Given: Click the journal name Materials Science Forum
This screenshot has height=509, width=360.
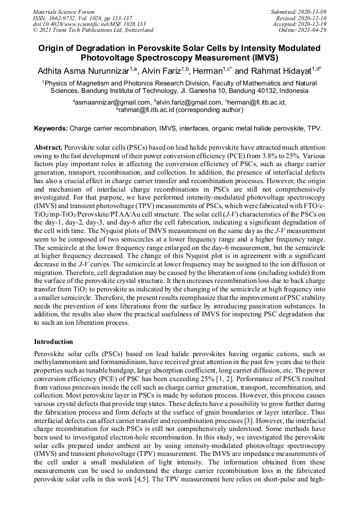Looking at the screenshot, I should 64,12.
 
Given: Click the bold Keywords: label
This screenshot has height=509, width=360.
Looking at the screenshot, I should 51,128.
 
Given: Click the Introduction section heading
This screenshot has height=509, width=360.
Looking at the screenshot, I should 54,341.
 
